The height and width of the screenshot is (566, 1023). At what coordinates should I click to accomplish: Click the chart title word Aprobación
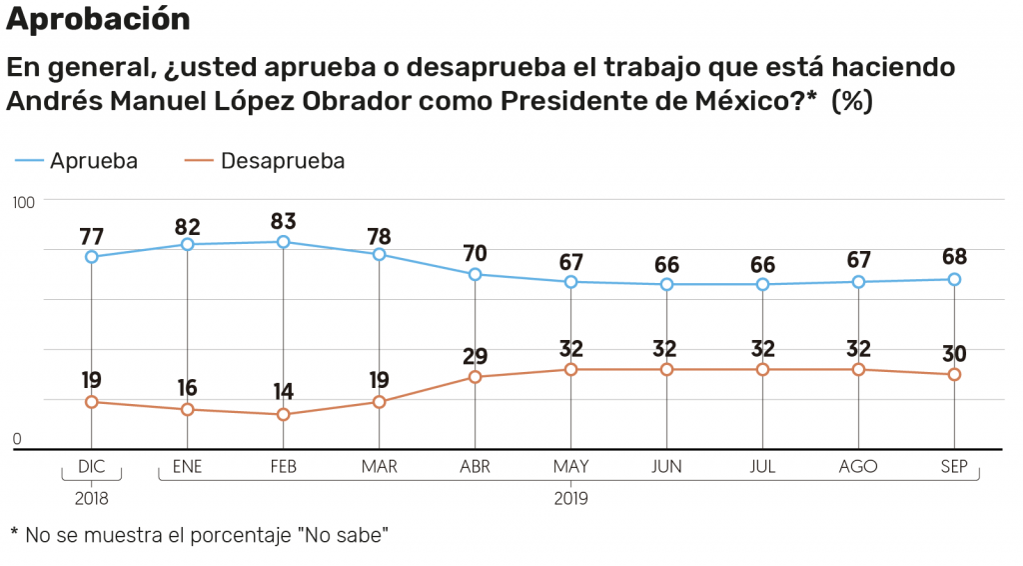click(98, 18)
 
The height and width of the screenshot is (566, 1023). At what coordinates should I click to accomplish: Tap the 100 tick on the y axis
click(24, 202)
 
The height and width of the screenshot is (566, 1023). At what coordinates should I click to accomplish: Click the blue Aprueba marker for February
click(284, 242)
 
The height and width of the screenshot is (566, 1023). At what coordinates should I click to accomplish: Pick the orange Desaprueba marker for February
click(284, 414)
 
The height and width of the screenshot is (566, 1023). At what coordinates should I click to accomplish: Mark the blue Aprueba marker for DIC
click(92, 257)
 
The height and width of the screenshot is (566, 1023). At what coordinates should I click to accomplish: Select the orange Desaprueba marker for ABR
click(476, 377)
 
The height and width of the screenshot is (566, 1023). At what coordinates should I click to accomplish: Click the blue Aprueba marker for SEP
click(954, 279)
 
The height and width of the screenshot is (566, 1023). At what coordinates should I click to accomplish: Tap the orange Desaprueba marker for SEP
click(954, 374)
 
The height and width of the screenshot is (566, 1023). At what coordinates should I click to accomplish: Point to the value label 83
click(284, 221)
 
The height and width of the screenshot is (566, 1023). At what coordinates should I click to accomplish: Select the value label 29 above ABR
click(476, 356)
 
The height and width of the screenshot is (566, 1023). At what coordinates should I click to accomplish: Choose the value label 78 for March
click(380, 236)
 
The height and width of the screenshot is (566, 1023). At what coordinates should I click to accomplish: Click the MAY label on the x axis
click(570, 467)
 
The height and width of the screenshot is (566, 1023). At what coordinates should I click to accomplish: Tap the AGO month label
click(858, 467)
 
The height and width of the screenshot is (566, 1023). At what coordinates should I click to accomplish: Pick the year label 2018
click(91, 496)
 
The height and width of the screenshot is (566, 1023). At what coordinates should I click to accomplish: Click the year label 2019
click(570, 496)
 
